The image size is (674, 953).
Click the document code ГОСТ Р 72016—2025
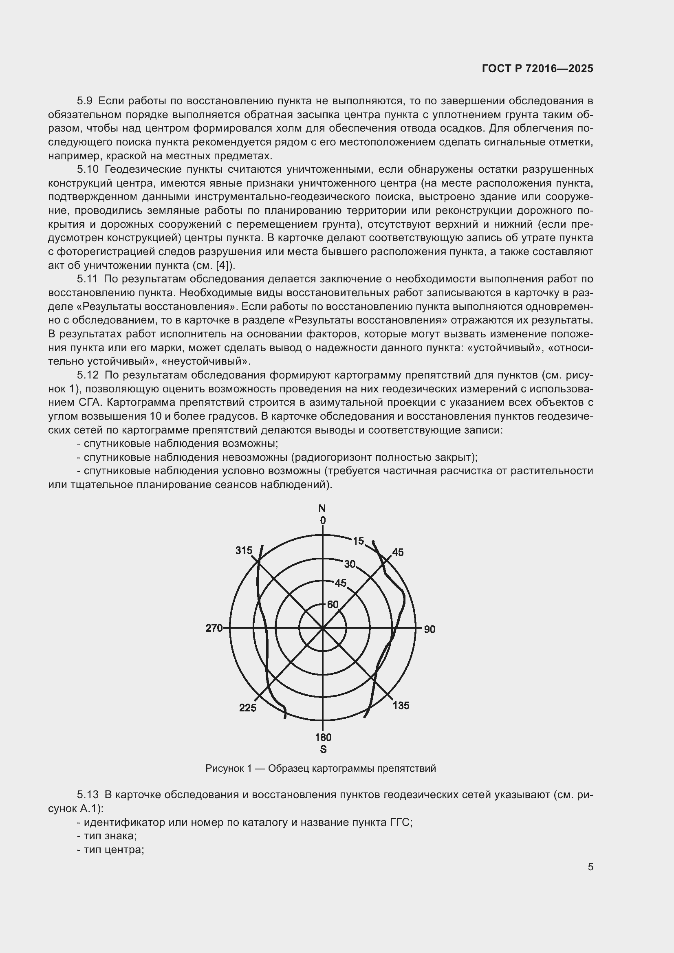537,69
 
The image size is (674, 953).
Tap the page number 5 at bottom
590,867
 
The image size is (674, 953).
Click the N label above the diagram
322,508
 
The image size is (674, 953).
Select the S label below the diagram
323,749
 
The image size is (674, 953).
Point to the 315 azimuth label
244,550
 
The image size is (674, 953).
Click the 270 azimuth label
214,628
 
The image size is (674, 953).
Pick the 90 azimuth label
430,629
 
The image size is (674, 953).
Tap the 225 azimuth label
248,708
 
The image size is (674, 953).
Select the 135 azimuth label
401,705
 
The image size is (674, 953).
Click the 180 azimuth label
323,737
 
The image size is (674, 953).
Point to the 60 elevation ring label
333,605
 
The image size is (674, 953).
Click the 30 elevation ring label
350,564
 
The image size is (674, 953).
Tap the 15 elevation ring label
358,541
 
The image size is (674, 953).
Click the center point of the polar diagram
323,629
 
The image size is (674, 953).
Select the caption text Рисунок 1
228,768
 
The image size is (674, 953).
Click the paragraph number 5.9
85,101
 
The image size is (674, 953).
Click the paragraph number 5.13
88,795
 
